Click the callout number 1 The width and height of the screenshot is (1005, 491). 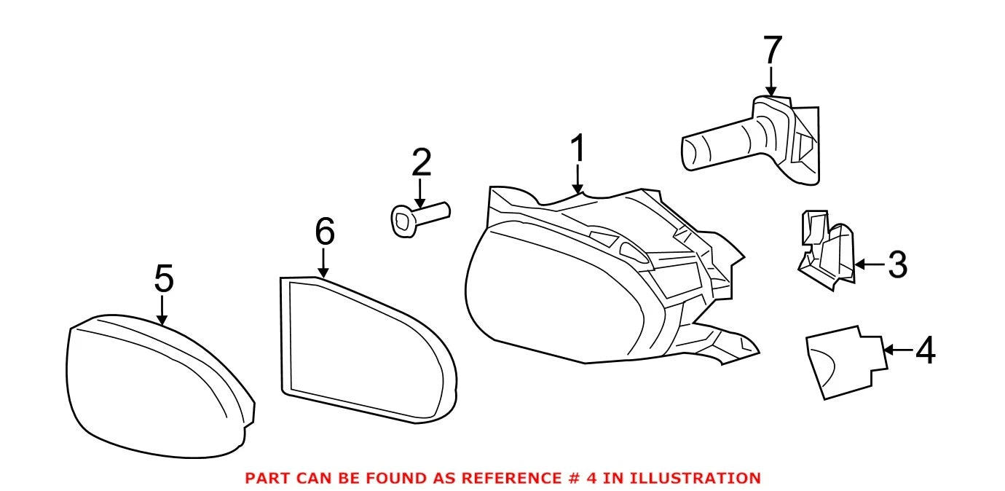click(x=578, y=148)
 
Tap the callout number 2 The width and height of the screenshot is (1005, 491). click(x=421, y=162)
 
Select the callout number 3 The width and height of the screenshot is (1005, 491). click(x=898, y=264)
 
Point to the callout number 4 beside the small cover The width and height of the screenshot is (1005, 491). click(x=925, y=350)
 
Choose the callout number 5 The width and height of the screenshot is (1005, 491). click(x=164, y=278)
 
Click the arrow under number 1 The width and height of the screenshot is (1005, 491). click(x=578, y=179)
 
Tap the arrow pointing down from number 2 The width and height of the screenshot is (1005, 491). click(x=420, y=194)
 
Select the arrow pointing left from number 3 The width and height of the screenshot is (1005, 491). click(x=870, y=264)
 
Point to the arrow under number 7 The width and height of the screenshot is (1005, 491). click(x=771, y=82)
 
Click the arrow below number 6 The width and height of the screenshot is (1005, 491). click(x=323, y=264)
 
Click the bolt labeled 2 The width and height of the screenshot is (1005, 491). click(x=420, y=219)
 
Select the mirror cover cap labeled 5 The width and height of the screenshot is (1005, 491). click(x=159, y=386)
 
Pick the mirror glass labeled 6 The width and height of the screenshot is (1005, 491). click(x=368, y=350)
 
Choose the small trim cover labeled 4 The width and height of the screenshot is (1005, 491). click(x=846, y=362)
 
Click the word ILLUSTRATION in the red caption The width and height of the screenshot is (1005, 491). click(x=695, y=478)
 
